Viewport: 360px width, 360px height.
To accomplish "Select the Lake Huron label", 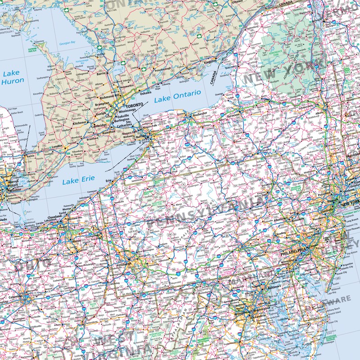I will click(x=13, y=77).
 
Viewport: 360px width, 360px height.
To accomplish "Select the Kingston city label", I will click(x=210, y=61).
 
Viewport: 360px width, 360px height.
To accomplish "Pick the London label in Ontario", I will click(x=57, y=147).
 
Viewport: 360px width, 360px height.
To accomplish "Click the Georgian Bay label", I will click(x=67, y=43).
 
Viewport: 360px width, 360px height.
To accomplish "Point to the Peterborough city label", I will click(x=163, y=71).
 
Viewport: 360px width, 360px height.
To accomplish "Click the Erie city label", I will click(x=108, y=180).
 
